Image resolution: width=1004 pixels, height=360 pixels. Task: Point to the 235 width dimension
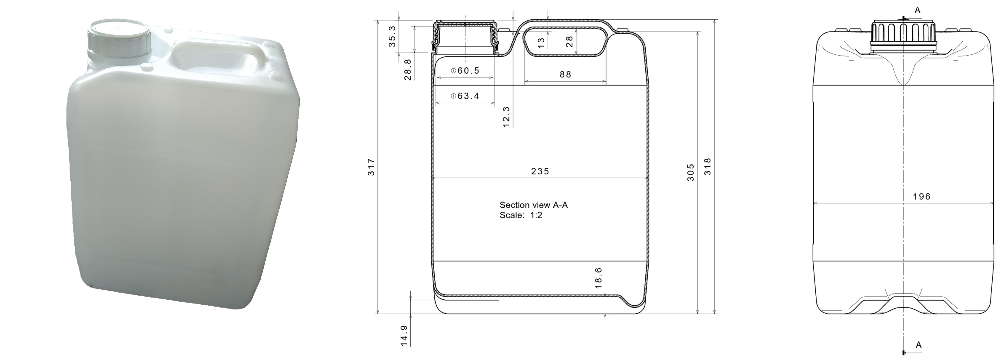540,171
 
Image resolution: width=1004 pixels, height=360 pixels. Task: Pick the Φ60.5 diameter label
465,71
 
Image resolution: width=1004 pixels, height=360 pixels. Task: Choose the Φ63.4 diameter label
465,96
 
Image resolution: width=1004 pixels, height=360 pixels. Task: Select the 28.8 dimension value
408,70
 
